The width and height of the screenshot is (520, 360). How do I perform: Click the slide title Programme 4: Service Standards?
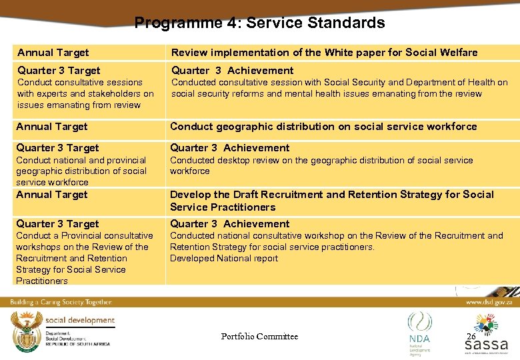click(x=259, y=23)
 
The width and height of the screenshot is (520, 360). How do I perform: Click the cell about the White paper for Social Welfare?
click(x=324, y=52)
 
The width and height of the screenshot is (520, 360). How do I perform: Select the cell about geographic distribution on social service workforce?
click(x=323, y=126)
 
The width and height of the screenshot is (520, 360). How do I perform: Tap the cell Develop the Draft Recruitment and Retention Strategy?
click(x=331, y=200)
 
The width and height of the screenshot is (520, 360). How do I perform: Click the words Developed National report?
click(x=224, y=258)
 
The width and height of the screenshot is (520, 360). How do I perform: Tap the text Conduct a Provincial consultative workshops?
click(x=84, y=235)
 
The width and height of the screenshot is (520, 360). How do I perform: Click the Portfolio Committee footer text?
click(x=259, y=336)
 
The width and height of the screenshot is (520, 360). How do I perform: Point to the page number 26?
click(x=471, y=336)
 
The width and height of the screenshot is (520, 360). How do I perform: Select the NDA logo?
click(x=419, y=331)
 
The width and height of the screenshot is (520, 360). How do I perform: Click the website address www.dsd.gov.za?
click(x=490, y=302)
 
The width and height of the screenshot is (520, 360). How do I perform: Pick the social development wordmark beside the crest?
click(x=79, y=320)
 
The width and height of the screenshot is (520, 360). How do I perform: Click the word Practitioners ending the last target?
click(x=42, y=281)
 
